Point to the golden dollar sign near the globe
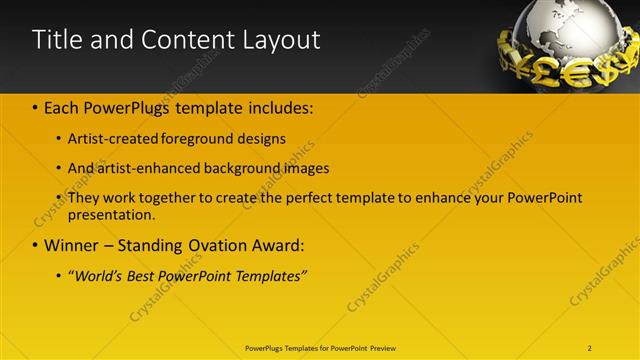tap(604, 71)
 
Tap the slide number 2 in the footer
tap(590, 347)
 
